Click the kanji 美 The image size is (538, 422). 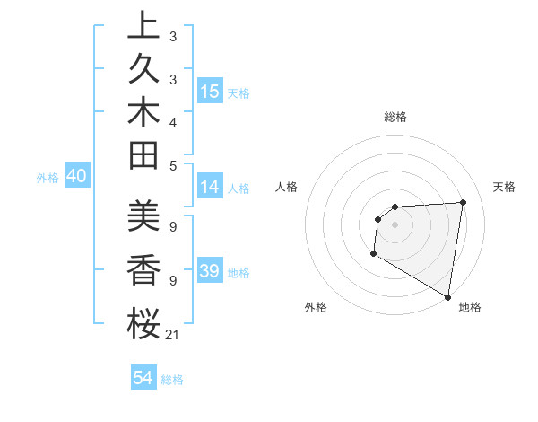click(x=143, y=215)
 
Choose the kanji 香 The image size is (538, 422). click(x=143, y=268)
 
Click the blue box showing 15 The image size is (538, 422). click(x=210, y=92)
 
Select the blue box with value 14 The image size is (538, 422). click(x=210, y=188)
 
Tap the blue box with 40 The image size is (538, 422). click(x=76, y=177)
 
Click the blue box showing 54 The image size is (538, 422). click(x=143, y=379)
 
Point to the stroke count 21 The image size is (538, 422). click(x=173, y=335)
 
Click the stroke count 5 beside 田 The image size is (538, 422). click(x=173, y=165)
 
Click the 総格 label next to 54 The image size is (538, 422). click(x=173, y=380)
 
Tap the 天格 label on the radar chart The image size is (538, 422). click(x=504, y=187)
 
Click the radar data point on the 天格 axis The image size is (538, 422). click(x=463, y=202)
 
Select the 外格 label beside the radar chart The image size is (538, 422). click(x=316, y=308)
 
